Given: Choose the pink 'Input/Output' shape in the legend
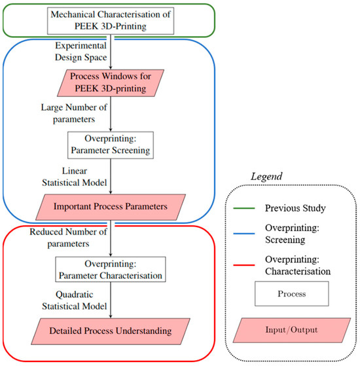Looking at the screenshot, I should click(x=293, y=335).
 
